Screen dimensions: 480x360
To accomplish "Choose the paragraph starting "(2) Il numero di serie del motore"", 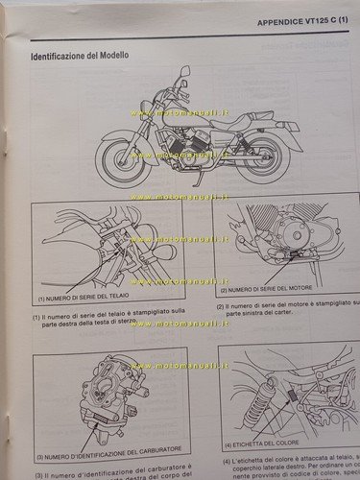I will click(x=286, y=311).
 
